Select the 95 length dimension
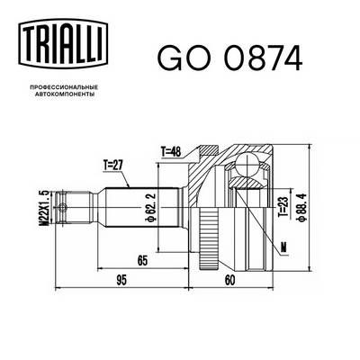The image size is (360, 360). click(x=120, y=280)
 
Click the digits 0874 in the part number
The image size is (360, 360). click(x=255, y=57)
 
